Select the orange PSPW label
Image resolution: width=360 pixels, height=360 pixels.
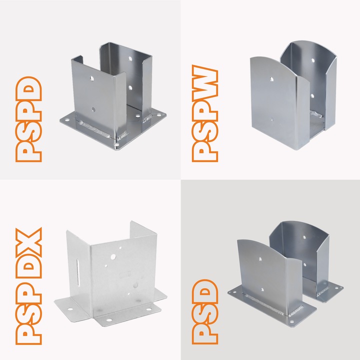[x=205, y=115]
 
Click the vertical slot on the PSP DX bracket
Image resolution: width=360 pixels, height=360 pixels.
[x=78, y=273]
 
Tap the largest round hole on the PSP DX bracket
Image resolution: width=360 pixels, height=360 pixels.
[x=113, y=257]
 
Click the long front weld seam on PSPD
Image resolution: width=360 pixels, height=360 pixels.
[x=95, y=130]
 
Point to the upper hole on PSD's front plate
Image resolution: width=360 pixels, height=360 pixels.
[x=259, y=259]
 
